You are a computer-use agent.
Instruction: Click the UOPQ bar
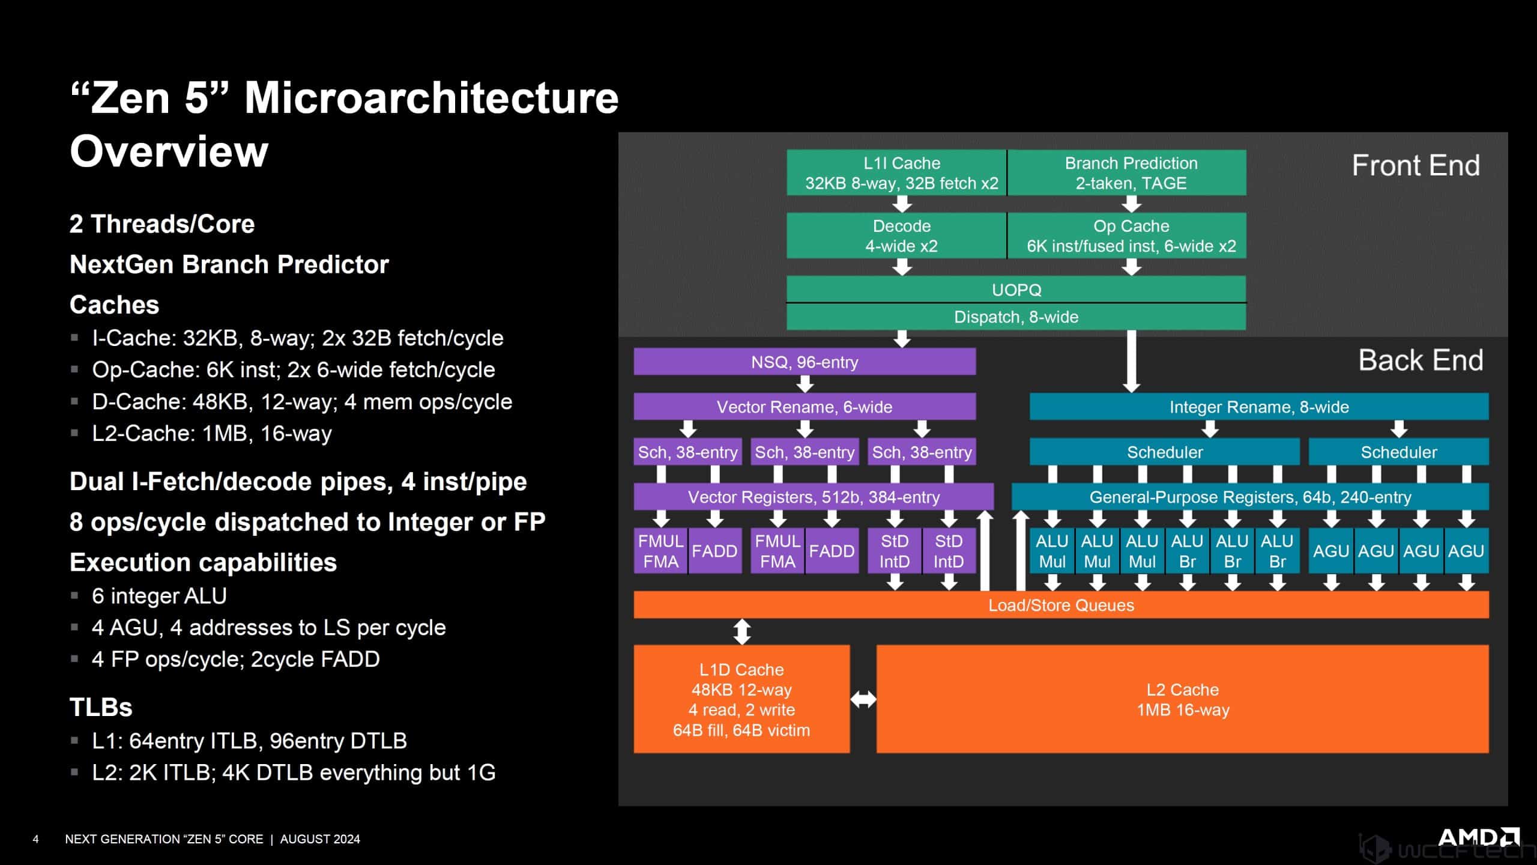1016,290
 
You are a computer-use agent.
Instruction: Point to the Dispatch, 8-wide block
1016,317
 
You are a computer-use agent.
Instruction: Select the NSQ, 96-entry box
805,362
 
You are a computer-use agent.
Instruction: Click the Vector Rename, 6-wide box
805,407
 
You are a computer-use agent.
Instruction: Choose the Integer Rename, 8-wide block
1259,407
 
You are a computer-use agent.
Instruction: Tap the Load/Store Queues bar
1061,605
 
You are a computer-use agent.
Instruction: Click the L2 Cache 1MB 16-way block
1182,699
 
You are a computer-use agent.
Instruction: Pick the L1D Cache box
741,699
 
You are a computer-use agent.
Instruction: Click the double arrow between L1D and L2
863,699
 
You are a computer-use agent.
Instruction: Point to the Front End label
1416,165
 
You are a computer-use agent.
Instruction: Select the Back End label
1421,360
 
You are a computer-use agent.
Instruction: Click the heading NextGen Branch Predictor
229,264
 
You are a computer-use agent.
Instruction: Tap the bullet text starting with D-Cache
301,401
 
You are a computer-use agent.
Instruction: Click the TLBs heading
101,707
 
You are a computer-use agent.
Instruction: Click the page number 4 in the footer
35,839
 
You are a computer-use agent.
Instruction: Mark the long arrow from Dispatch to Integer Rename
1131,360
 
